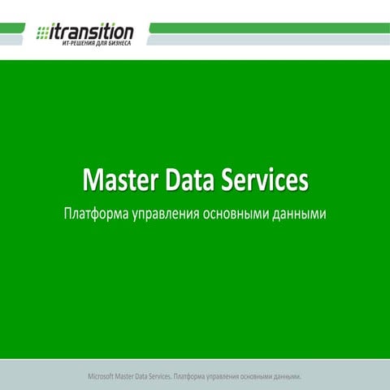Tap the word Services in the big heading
265,180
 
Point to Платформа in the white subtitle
96,215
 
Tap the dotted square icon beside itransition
43,32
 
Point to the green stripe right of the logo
268,28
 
